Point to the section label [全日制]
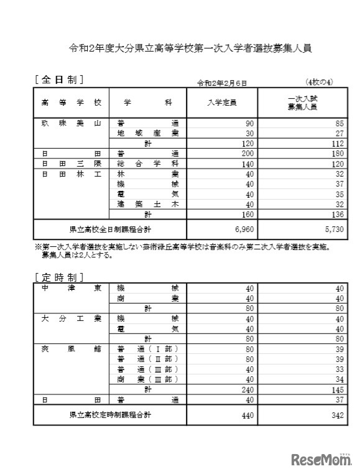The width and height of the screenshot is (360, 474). click(x=60, y=80)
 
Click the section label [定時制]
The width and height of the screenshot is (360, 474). click(x=60, y=276)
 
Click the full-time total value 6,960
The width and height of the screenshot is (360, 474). click(x=242, y=230)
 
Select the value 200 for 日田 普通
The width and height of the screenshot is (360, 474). click(x=247, y=153)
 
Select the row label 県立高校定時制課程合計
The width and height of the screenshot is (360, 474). click(x=109, y=414)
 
